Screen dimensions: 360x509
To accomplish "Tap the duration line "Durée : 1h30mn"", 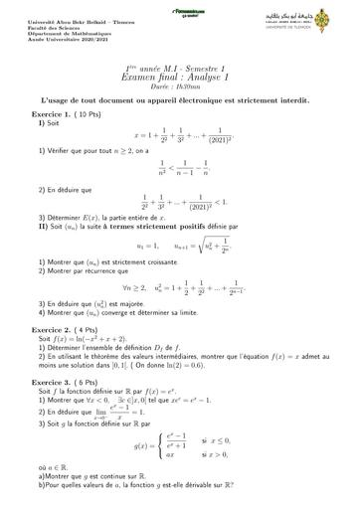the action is [x=179, y=86].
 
